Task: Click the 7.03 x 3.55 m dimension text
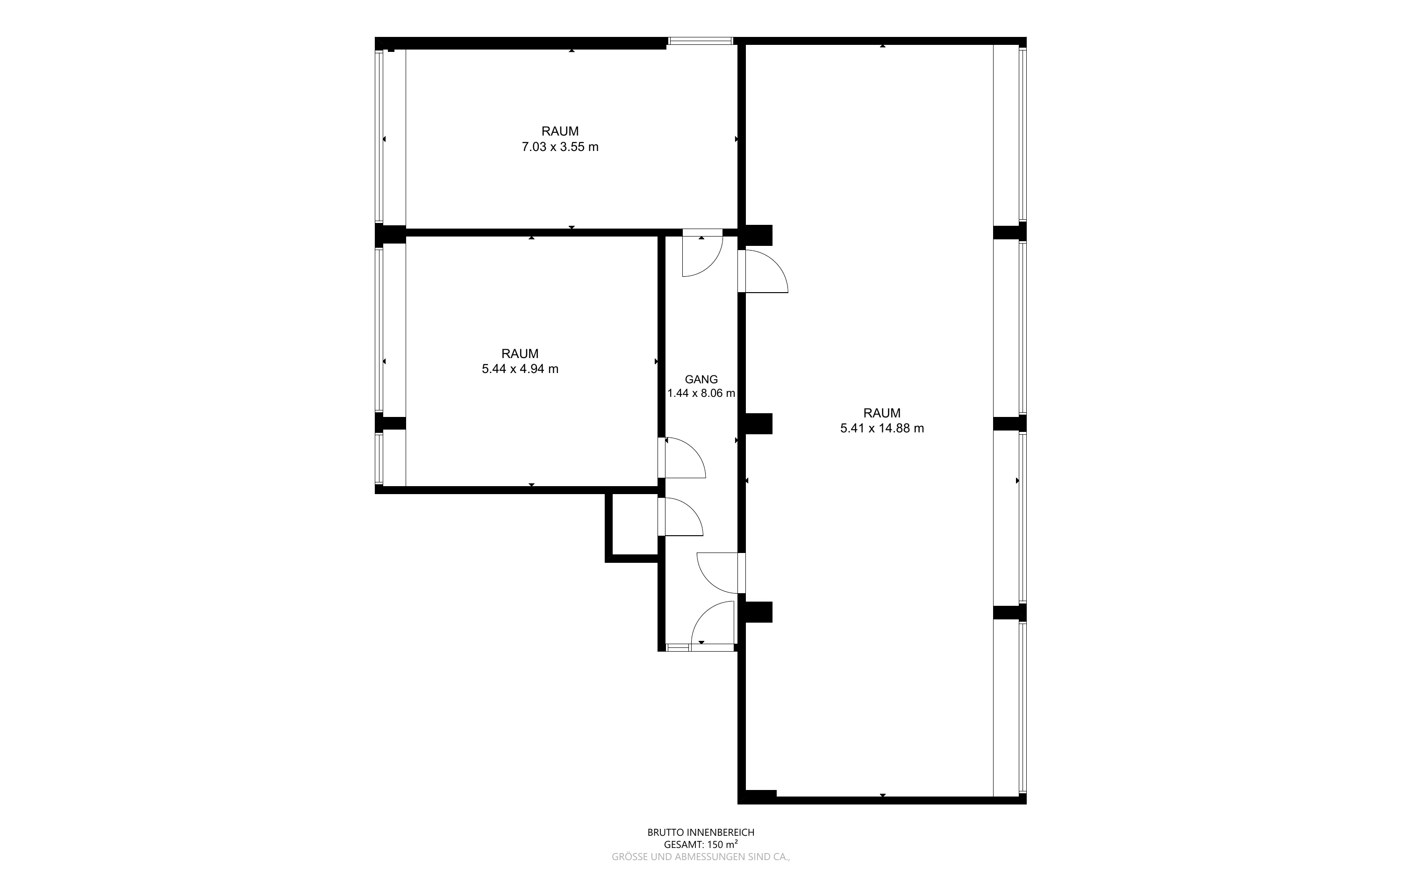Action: click(560, 147)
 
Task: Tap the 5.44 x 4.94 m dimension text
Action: click(520, 369)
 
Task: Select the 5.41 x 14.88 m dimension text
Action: click(882, 429)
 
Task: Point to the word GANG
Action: click(701, 380)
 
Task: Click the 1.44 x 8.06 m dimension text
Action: click(701, 394)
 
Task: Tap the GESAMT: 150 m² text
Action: click(701, 845)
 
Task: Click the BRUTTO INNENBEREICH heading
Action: click(701, 833)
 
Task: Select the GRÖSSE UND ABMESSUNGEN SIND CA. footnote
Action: click(701, 857)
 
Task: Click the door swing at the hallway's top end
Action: click(702, 253)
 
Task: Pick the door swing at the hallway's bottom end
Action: click(713, 626)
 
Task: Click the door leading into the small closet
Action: click(680, 517)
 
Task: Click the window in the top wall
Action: click(701, 41)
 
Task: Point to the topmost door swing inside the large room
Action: click(763, 271)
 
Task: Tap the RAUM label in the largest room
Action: click(882, 413)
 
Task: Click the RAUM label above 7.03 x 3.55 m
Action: click(560, 131)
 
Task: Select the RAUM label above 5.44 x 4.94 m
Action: click(520, 353)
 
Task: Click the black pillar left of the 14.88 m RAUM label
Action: click(758, 424)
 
